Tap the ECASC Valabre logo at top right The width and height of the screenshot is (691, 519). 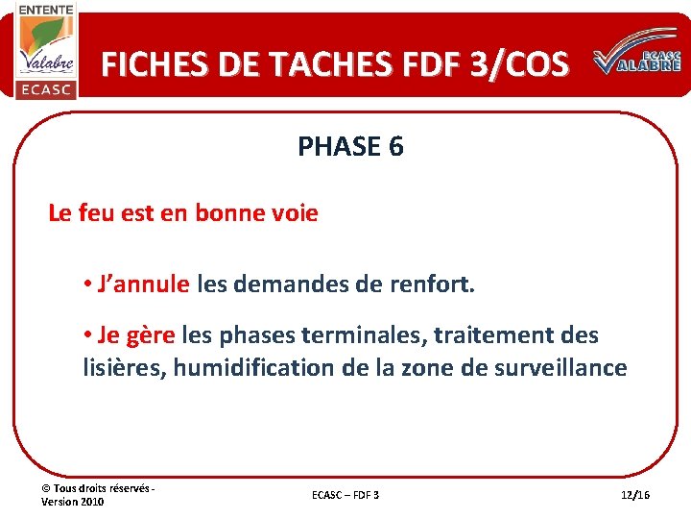pyautogui.click(x=637, y=62)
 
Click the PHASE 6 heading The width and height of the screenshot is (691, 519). pyautogui.click(x=350, y=146)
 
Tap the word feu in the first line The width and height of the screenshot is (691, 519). pyautogui.click(x=99, y=212)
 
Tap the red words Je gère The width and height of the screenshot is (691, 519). pyautogui.click(x=135, y=335)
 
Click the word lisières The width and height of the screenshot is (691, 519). pyautogui.click(x=124, y=367)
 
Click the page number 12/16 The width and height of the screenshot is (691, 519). pyautogui.click(x=635, y=494)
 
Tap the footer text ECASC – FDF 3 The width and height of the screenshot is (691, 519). pyautogui.click(x=345, y=494)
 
